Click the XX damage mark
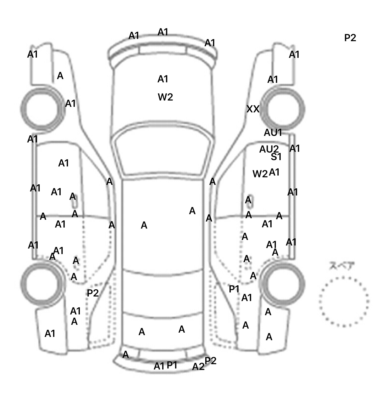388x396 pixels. pyautogui.click(x=253, y=109)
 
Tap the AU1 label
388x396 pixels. pyautogui.click(x=273, y=133)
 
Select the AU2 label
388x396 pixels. pyautogui.click(x=269, y=149)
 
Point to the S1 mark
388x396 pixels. pyautogui.click(x=276, y=157)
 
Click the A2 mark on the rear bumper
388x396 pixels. pyautogui.click(x=198, y=367)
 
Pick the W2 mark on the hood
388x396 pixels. pyautogui.click(x=165, y=97)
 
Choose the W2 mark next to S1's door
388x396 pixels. pyautogui.click(x=260, y=174)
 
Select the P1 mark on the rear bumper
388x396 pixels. pyautogui.click(x=172, y=365)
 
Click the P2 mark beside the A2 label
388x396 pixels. pyautogui.click(x=210, y=361)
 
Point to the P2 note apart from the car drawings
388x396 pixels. pyautogui.click(x=350, y=38)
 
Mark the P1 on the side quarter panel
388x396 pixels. pyautogui.click(x=234, y=289)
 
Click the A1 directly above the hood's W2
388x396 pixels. pyautogui.click(x=163, y=79)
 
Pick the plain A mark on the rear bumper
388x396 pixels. pyautogui.click(x=126, y=355)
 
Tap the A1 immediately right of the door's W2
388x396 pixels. pyautogui.click(x=274, y=172)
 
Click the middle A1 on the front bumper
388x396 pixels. pyautogui.click(x=163, y=32)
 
